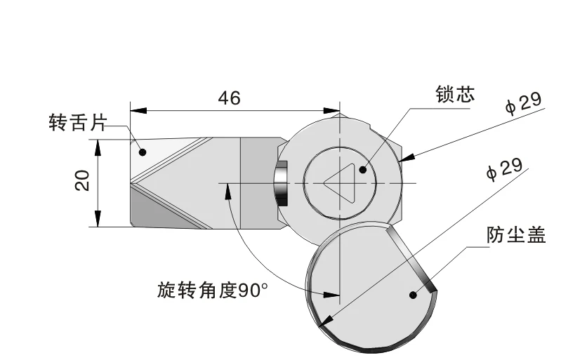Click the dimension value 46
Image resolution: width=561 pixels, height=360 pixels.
pos(230,98)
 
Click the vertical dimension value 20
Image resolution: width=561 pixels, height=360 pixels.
pos(83,181)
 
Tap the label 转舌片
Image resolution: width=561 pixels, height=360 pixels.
pos(76,124)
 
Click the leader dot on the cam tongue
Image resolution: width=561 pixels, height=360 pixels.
pos(142,152)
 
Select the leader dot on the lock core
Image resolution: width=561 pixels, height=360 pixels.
pos(363,168)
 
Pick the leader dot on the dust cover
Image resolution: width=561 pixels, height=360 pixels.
pos(412,294)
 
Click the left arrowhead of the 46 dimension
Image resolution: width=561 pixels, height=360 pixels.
pos(136,110)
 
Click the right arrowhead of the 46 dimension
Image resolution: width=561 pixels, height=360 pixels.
pos(334,110)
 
